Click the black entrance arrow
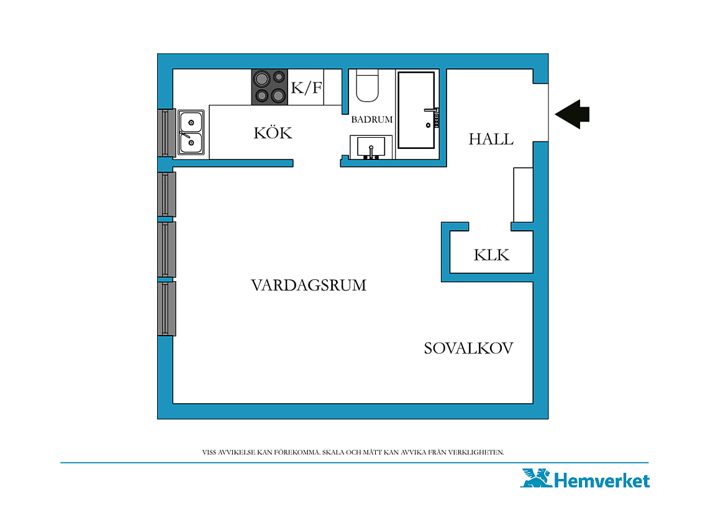click(x=572, y=115)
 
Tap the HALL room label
click(x=491, y=139)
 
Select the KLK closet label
click(x=491, y=255)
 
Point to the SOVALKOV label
click(x=468, y=348)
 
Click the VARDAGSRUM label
click(x=309, y=285)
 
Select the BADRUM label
click(x=372, y=120)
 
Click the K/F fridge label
click(x=306, y=87)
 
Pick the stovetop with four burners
click(x=270, y=87)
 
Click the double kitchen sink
click(x=191, y=132)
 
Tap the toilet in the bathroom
click(x=367, y=86)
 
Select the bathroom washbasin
click(x=371, y=147)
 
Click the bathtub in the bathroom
click(x=416, y=110)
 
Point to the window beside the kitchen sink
click(x=166, y=133)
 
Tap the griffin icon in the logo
click(x=537, y=478)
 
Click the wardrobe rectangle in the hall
click(x=524, y=194)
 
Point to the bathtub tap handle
click(x=431, y=110)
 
